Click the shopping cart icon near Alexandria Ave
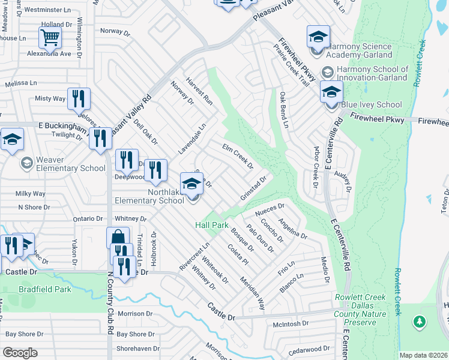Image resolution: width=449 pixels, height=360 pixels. pyautogui.click(x=50, y=38)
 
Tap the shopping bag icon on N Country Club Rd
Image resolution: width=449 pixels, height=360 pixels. pyautogui.click(x=118, y=238)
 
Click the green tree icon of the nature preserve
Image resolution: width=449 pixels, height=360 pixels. pyautogui.click(x=420, y=322)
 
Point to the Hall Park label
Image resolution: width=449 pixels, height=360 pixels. pyautogui.click(x=212, y=225)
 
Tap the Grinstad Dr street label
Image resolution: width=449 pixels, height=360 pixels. pyautogui.click(x=253, y=188)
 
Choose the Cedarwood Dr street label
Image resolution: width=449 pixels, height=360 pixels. pyautogui.click(x=309, y=348)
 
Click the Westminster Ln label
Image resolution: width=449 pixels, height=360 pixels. pyautogui.click(x=46, y=10)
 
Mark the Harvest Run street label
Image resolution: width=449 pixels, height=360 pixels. pyautogui.click(x=199, y=91)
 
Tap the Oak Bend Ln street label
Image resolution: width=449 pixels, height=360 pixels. pyautogui.click(x=283, y=110)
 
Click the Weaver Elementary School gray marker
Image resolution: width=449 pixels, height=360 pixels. pyautogui.click(x=26, y=163)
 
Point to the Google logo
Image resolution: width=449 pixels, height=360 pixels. pyautogui.click(x=20, y=353)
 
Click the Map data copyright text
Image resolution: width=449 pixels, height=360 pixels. pyautogui.click(x=423, y=355)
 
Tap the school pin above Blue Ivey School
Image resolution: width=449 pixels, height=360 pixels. pyautogui.click(x=330, y=92)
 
